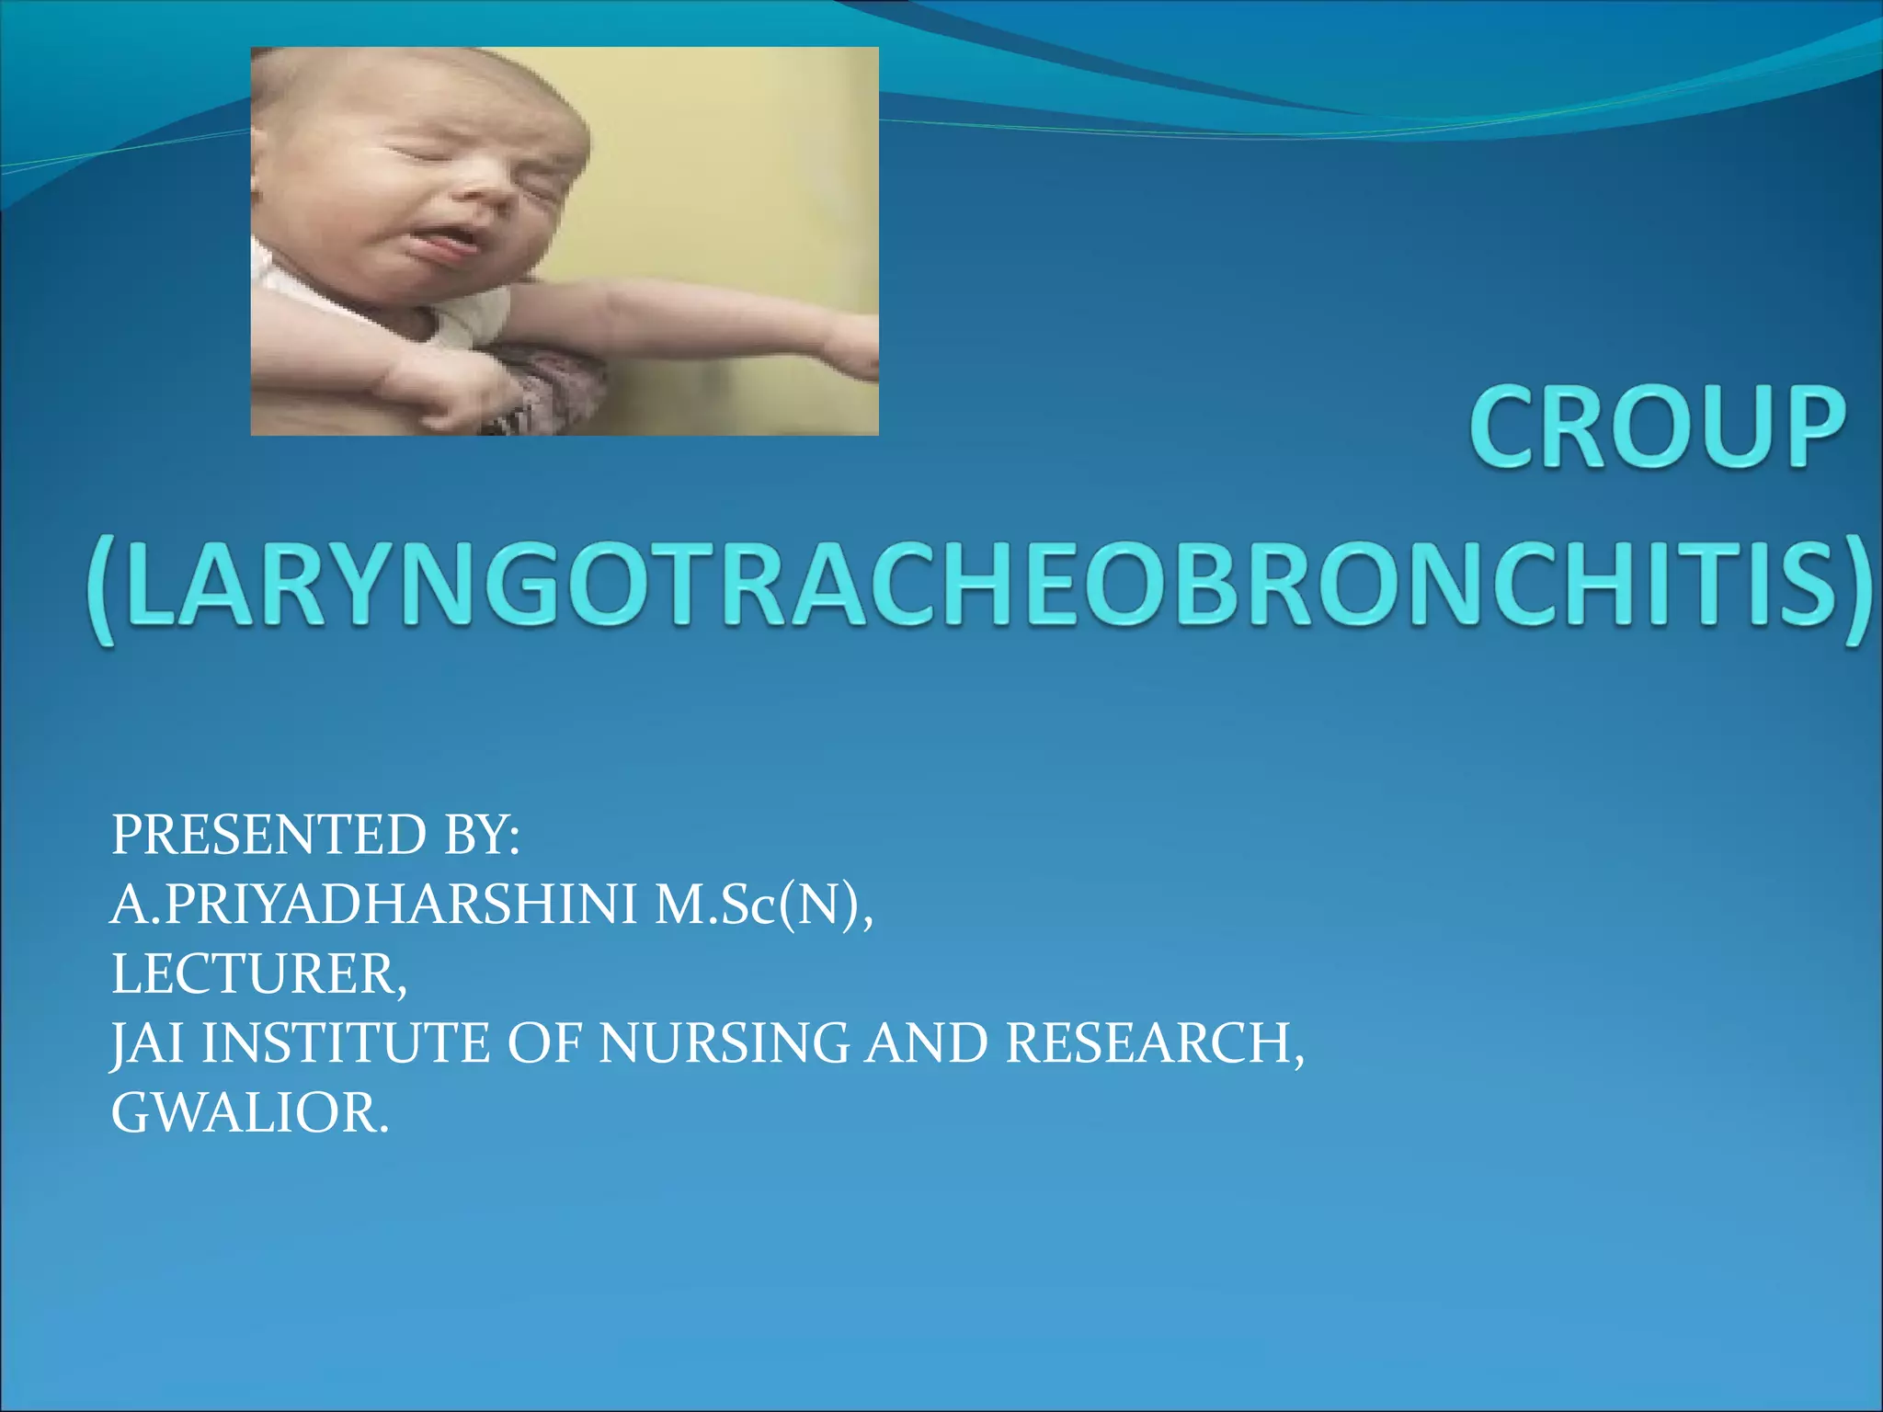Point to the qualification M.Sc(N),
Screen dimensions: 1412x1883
pos(764,905)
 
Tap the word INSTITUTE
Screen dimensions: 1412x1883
pos(346,1043)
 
